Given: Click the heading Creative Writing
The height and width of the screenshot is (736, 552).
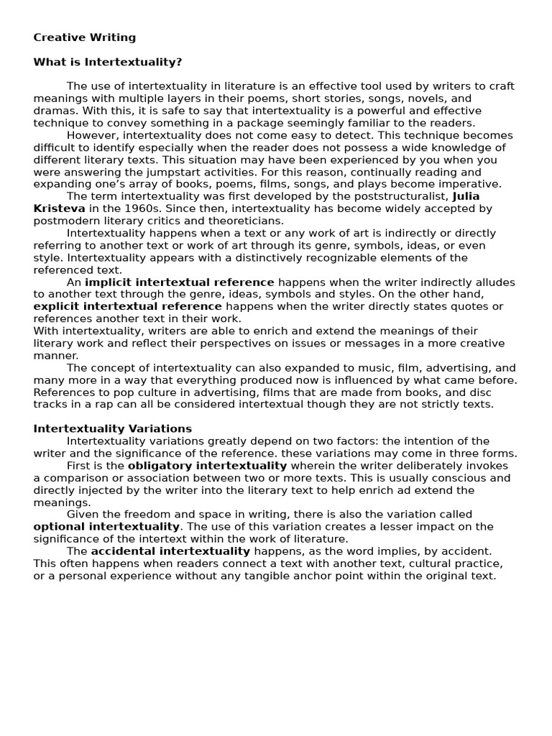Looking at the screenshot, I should click(x=84, y=37).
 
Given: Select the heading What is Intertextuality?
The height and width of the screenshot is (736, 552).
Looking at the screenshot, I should click(x=107, y=62).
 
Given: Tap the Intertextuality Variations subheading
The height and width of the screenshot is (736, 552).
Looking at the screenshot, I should click(x=112, y=428).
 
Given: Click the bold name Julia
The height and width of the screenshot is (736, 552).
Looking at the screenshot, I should click(x=466, y=196).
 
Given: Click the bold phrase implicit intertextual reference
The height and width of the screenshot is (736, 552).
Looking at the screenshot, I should click(x=179, y=282).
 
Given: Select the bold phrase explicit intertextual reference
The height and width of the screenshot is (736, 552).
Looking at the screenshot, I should click(x=127, y=306).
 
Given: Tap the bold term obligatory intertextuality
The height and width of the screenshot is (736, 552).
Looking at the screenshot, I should click(x=207, y=465).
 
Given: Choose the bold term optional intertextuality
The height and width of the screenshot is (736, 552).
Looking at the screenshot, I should click(x=106, y=526).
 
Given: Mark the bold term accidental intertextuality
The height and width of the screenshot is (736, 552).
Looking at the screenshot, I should click(x=170, y=551).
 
